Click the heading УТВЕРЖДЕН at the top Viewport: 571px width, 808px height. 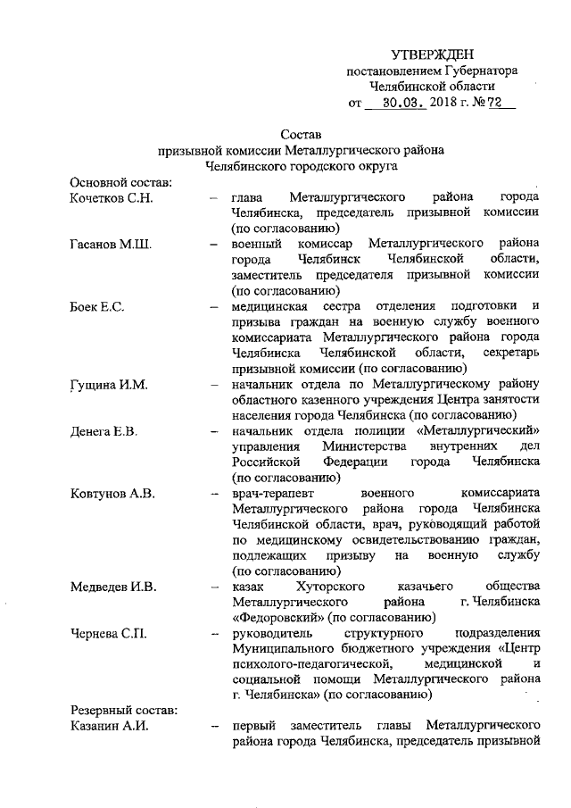click(x=433, y=55)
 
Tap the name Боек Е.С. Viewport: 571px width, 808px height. click(x=96, y=307)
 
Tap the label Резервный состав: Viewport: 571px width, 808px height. click(x=124, y=710)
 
